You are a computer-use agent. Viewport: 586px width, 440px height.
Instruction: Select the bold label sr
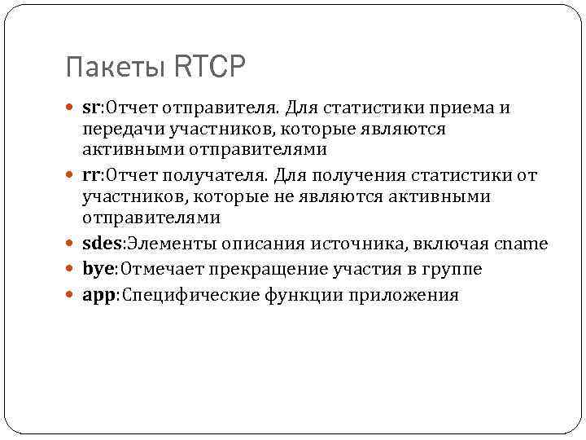click(x=90, y=108)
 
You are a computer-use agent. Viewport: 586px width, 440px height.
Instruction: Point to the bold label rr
click(x=90, y=176)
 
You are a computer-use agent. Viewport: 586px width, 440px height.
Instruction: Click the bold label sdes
click(x=101, y=244)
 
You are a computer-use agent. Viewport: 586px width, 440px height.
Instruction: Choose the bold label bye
click(x=97, y=269)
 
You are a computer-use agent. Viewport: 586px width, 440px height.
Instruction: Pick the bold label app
click(x=98, y=295)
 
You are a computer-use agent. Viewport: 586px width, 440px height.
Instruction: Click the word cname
click(x=521, y=244)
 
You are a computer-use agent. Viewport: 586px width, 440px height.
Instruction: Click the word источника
click(x=369, y=244)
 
